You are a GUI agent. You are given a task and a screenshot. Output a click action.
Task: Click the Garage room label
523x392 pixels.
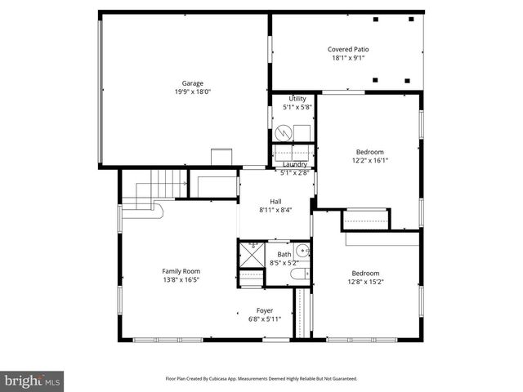192,83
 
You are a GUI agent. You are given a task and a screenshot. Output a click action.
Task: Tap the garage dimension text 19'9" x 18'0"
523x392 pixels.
192,92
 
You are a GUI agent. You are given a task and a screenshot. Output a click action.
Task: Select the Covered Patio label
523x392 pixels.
348,49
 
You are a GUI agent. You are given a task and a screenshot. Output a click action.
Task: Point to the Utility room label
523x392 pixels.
297,98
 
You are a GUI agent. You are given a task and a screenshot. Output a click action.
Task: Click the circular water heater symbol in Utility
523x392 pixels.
283,132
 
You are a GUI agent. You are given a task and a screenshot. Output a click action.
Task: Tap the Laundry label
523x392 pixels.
295,164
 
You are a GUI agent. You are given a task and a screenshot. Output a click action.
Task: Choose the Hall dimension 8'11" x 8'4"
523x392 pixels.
275,210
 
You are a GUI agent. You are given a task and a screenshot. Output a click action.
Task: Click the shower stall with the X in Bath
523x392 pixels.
253,255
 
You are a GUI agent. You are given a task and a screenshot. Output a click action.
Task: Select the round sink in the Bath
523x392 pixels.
302,252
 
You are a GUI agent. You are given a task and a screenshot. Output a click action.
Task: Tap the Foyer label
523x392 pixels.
265,310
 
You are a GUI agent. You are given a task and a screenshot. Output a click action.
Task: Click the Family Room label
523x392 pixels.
181,271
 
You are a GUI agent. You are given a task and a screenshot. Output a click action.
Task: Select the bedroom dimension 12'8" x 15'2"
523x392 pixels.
365,283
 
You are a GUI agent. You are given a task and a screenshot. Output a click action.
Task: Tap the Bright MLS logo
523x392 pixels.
33,381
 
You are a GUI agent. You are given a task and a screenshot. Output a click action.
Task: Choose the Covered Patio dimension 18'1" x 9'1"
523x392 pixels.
348,58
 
